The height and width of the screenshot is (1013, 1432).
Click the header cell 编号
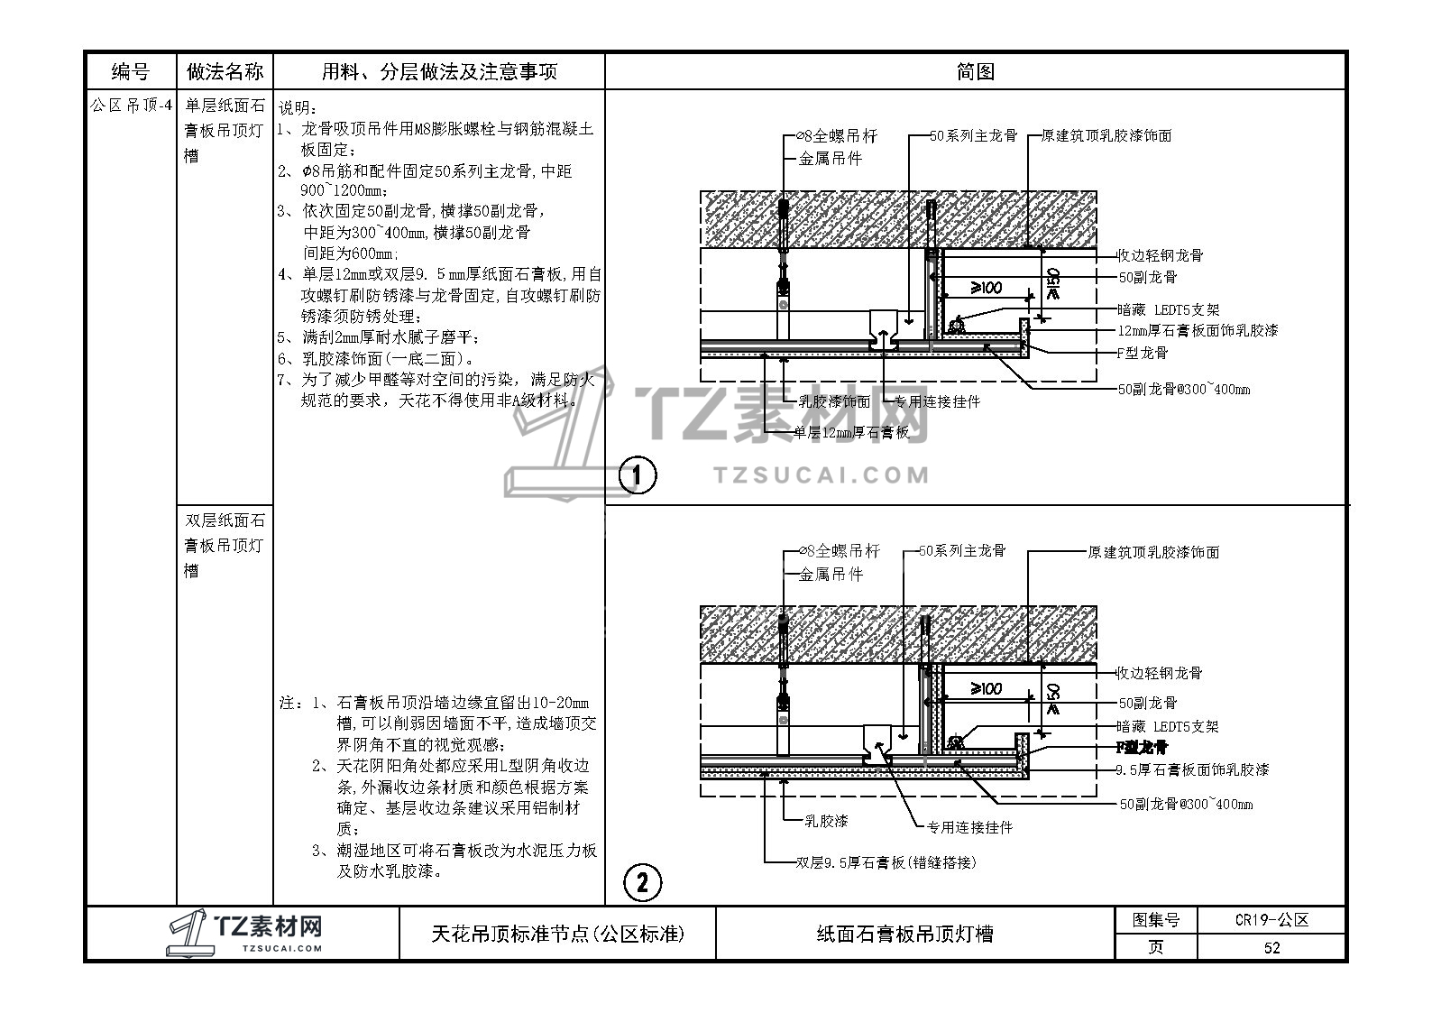click(131, 71)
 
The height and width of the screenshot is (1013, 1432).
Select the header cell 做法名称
click(225, 71)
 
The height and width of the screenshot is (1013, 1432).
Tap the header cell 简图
click(975, 71)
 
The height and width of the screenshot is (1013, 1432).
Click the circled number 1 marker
click(639, 475)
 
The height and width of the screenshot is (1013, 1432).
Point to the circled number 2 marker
click(642, 882)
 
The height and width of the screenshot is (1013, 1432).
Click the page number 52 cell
click(1271, 947)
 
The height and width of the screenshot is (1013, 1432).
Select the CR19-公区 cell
click(1271, 920)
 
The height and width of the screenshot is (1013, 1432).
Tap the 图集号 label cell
click(1156, 920)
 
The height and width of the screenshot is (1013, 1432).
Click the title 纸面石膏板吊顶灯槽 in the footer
click(904, 934)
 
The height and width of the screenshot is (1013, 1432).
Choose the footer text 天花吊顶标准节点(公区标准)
click(558, 934)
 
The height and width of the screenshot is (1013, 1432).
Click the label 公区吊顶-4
click(131, 106)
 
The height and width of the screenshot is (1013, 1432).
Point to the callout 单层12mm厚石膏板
click(851, 433)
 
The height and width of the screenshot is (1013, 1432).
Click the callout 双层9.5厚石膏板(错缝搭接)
click(886, 862)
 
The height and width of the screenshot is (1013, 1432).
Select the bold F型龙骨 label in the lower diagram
click(1142, 748)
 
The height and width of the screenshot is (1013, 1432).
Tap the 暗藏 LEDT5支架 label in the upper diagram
click(1168, 309)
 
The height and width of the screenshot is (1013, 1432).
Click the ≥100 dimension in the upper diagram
click(986, 288)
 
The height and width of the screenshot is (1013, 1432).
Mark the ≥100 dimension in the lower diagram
click(986, 689)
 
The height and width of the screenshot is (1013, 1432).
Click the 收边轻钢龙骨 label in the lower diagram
click(1159, 673)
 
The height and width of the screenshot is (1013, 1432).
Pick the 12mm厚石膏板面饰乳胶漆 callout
click(1198, 331)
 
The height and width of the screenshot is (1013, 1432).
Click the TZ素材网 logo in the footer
click(244, 932)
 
